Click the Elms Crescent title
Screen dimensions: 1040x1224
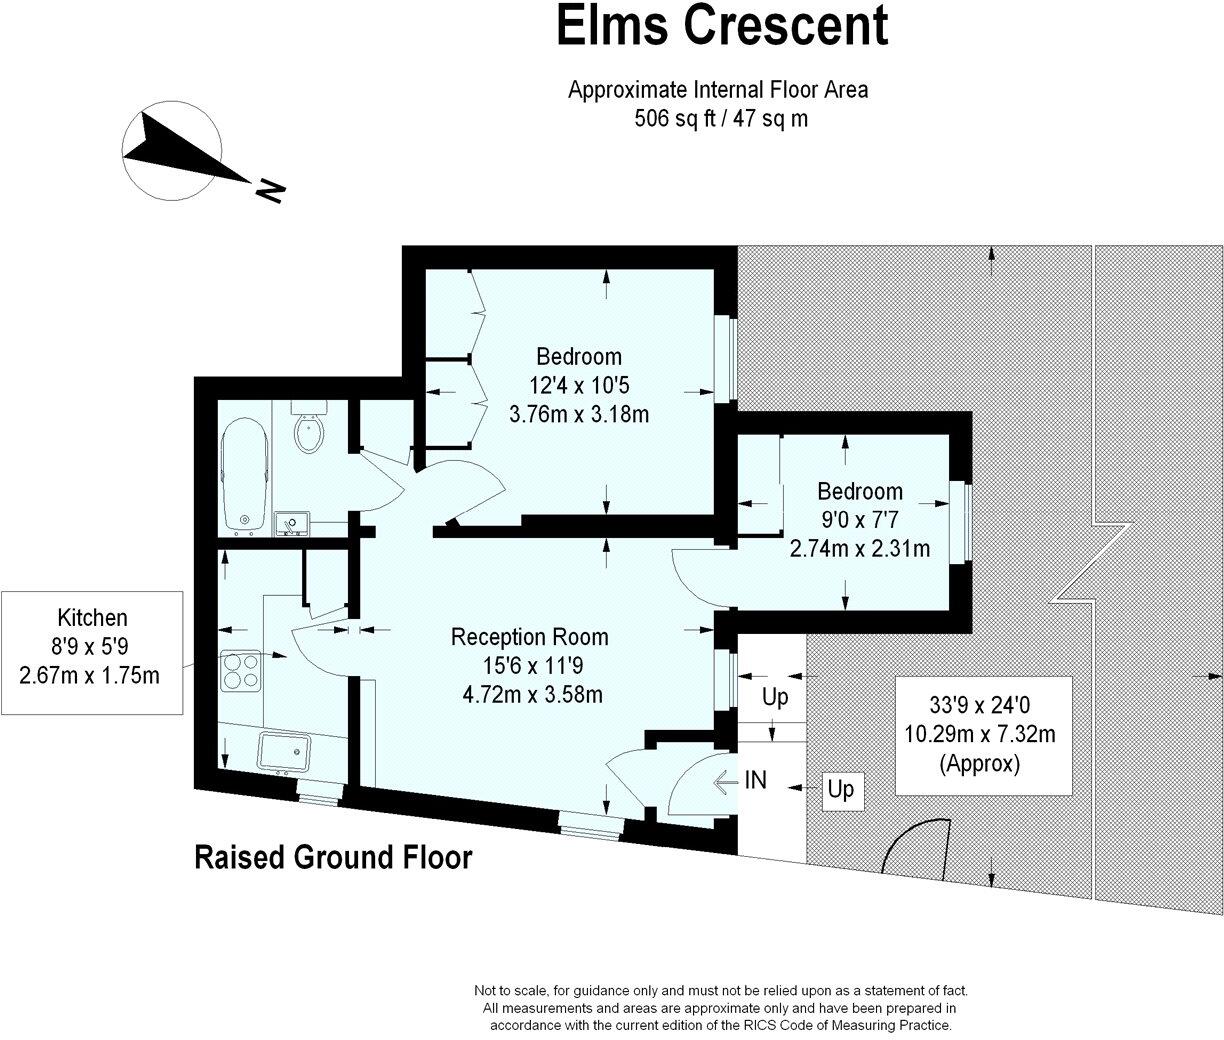tap(721, 26)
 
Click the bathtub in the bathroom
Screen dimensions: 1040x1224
tap(244, 474)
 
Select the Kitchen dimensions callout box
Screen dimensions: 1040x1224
tap(91, 653)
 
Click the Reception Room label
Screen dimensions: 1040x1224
tap(529, 637)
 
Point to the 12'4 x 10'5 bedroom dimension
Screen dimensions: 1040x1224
tap(579, 385)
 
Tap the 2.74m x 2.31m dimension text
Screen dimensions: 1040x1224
tap(859, 548)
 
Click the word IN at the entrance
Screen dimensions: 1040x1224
tap(756, 779)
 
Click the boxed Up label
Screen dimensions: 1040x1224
tap(841, 790)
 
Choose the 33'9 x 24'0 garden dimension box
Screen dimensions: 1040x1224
tap(979, 735)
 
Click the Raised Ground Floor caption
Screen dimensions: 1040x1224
tap(332, 857)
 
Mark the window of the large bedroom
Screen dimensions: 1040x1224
tap(731, 359)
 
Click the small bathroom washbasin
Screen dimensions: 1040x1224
tap(295, 522)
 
